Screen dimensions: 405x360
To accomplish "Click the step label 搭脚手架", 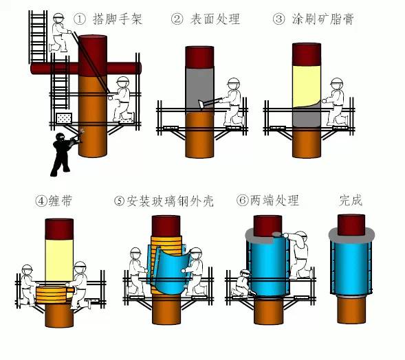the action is coord(118,19).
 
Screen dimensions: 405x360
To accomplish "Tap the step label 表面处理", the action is coord(215,19).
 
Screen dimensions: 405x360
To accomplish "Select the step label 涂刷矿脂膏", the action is coord(323,19).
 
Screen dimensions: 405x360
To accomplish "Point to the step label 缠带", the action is coord(61,201).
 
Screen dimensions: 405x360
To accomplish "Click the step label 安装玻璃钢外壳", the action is coord(171,201).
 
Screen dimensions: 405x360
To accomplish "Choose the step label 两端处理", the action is coord(274,200).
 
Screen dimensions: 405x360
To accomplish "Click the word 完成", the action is coord(351,200).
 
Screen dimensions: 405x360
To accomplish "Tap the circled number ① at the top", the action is coord(80,19).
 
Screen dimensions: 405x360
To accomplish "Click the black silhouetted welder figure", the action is coord(65,153).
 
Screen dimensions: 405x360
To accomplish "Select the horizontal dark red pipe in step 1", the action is coord(86,69).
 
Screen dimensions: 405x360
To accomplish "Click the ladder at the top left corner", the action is coord(38,36).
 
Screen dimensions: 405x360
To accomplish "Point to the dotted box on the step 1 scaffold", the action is coord(64,118).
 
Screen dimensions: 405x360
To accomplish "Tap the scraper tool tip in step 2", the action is coord(201,104).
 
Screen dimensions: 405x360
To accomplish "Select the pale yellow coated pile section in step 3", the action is coord(307,86).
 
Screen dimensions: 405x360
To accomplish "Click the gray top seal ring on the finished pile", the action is coord(351,235).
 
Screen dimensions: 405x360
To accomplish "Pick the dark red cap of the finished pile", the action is coord(351,225).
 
